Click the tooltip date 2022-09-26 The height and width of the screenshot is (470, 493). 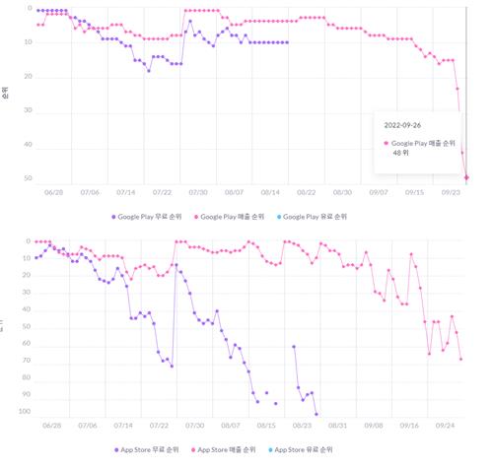pyautogui.click(x=406, y=125)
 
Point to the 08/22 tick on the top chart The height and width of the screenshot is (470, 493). pyautogui.click(x=306, y=193)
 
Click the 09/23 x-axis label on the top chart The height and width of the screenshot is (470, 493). pyautogui.click(x=450, y=193)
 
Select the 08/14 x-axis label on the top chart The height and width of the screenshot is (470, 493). pyautogui.click(x=270, y=193)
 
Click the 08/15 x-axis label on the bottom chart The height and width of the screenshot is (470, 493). pyautogui.click(x=265, y=426)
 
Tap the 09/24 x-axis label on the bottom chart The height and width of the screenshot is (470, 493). pyautogui.click(x=445, y=426)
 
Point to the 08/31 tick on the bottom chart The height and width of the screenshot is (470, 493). pyautogui.click(x=337, y=426)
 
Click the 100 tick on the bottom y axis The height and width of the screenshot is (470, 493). pyautogui.click(x=25, y=412)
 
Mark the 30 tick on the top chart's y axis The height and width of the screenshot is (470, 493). pyautogui.click(x=29, y=110)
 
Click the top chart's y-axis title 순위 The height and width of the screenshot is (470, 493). pyautogui.click(x=6, y=95)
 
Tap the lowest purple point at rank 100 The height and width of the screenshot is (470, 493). pyautogui.click(x=316, y=414)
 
